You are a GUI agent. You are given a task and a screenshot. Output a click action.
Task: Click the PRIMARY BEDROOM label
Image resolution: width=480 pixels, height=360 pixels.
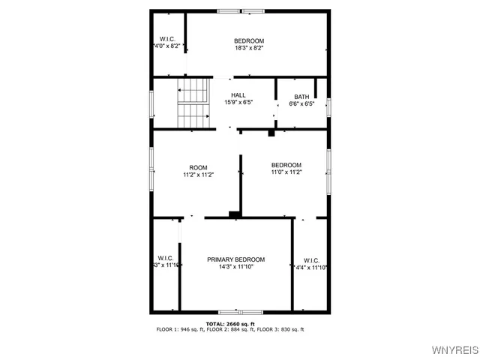coord(235,259)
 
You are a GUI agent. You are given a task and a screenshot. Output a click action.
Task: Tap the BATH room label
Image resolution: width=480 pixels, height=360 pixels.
coord(301,96)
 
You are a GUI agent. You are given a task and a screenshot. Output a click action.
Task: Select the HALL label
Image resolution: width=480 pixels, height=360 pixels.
coord(238,95)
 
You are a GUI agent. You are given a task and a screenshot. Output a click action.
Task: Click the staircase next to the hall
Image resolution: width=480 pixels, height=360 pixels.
coord(193,105)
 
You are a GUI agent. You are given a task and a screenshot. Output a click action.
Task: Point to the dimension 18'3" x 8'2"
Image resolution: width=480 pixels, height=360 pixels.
coord(248,48)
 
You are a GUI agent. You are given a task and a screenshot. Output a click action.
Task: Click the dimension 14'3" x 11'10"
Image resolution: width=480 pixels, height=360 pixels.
coord(235,267)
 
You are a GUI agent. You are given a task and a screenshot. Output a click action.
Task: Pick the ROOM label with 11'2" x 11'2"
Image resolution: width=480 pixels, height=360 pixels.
coord(199,167)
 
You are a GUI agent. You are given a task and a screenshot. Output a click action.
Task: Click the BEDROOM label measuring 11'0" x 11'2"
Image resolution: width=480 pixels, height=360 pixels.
coord(286,165)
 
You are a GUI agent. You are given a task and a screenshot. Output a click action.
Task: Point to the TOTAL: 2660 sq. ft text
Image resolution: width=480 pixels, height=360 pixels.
coord(229,323)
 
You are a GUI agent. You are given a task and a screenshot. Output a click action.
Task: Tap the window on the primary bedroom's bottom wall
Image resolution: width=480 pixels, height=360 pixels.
coord(240,311)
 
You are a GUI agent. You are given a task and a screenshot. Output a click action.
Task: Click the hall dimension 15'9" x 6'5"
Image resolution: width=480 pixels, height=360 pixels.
coord(238,103)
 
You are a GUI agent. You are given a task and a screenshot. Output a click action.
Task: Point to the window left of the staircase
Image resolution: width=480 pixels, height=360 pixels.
coord(152,103)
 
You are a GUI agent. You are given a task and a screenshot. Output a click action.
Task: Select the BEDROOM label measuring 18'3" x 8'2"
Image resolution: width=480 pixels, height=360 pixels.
coord(248,40)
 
